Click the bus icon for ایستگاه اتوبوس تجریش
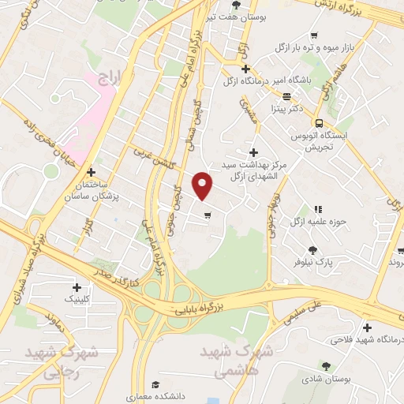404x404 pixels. pyautogui.click(x=319, y=123)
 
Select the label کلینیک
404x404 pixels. pyautogui.click(x=82, y=300)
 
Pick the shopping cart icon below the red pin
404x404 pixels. pyautogui.click(x=207, y=215)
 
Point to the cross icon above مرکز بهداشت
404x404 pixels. pyautogui.click(x=252, y=152)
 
